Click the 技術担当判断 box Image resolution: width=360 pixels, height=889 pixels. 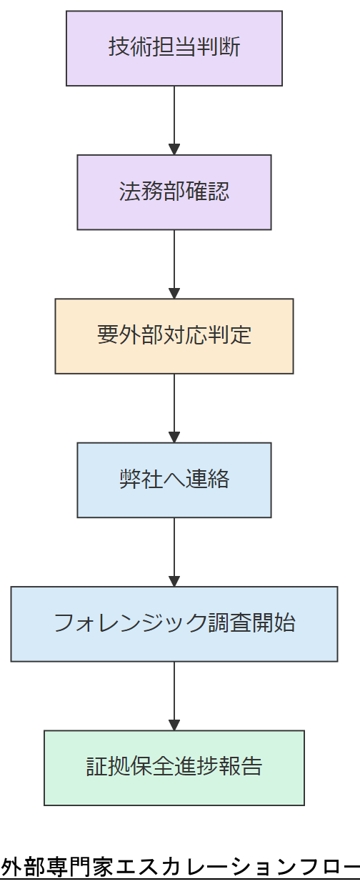pos(174,48)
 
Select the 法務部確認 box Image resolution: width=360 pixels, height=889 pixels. pos(174,192)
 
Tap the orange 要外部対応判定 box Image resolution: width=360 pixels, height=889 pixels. pos(174,336)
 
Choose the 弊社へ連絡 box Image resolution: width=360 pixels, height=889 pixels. pos(174,480)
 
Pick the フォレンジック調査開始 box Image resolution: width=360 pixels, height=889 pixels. pos(174,624)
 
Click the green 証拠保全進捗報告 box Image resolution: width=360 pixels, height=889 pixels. pos(174,768)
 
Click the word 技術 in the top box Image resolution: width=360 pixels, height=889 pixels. pos(130,48)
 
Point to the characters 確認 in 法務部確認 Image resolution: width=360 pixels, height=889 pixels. pos(207,192)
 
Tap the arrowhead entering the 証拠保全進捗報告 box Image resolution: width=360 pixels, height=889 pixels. pos(174,725)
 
